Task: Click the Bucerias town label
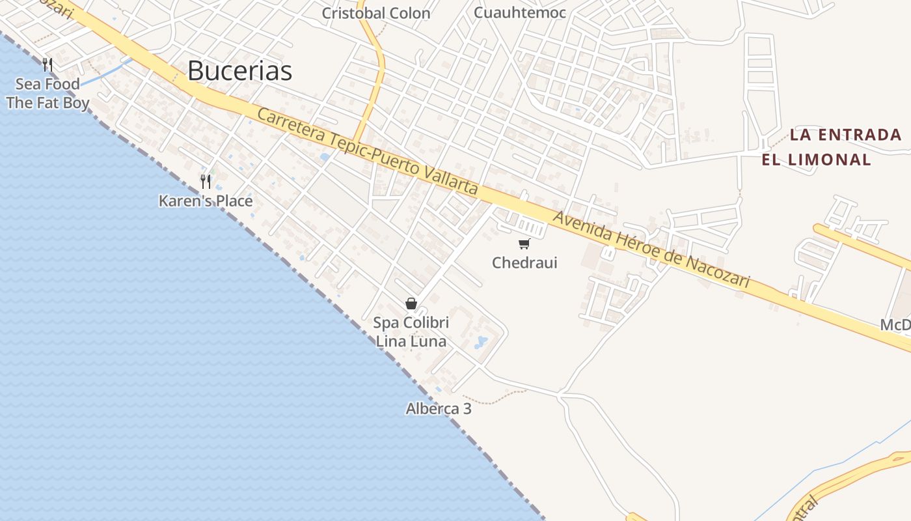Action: click(x=239, y=70)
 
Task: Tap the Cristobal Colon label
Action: click(x=376, y=13)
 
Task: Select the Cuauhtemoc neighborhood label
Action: click(x=520, y=12)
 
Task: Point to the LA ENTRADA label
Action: click(x=845, y=135)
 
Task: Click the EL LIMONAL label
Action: click(x=816, y=160)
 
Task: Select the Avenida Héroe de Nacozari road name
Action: click(x=651, y=249)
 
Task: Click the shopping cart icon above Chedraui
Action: click(x=524, y=244)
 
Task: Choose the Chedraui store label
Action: click(x=524, y=263)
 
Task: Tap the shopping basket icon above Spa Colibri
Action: click(x=411, y=303)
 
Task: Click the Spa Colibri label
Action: click(x=411, y=322)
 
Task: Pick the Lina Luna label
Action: click(x=411, y=341)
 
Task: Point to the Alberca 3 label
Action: click(x=439, y=409)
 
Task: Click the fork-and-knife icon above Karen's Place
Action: click(x=206, y=181)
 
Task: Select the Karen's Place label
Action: click(x=206, y=201)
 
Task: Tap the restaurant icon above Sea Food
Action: click(x=48, y=64)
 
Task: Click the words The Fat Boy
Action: click(x=48, y=103)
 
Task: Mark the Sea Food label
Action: click(x=48, y=84)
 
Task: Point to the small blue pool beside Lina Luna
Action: click(x=481, y=341)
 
